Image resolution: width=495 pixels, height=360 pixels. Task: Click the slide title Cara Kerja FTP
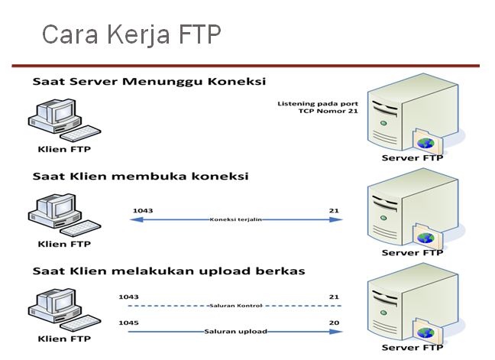(x=131, y=34)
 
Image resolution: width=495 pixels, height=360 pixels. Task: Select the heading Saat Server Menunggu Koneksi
(x=149, y=81)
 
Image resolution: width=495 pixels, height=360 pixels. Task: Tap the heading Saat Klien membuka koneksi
(x=140, y=176)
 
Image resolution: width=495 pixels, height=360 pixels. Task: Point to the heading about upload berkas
(x=169, y=271)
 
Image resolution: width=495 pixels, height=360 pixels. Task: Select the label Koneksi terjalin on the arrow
(x=236, y=219)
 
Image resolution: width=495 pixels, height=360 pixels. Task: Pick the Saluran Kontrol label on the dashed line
(x=236, y=305)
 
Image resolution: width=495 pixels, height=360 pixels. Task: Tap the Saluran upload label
(x=236, y=331)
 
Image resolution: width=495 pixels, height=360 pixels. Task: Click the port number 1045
(x=128, y=323)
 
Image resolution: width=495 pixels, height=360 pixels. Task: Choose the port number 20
(x=335, y=323)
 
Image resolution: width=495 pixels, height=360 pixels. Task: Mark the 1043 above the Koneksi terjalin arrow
(x=142, y=209)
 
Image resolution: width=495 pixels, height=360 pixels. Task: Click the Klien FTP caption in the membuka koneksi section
(x=64, y=244)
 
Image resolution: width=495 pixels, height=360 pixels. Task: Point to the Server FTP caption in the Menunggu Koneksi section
(x=412, y=158)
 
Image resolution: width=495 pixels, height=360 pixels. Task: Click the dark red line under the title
(x=244, y=66)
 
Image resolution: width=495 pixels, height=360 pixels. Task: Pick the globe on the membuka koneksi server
(x=425, y=238)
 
